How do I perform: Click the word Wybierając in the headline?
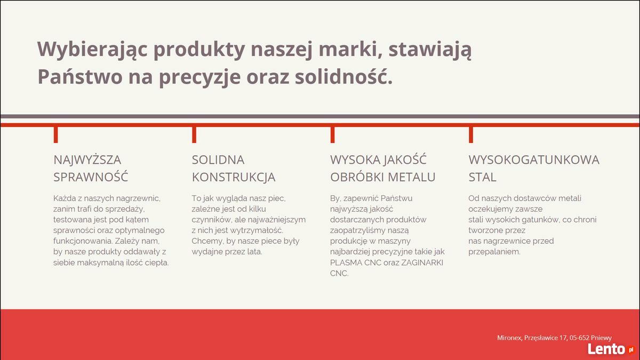92,50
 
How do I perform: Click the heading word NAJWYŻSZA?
87,159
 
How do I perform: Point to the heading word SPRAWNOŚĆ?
91,177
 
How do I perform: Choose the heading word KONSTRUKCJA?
234,177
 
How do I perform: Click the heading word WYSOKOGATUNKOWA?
534,159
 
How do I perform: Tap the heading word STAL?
482,177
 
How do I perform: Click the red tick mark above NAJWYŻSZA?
55,134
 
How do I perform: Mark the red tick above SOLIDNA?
194,134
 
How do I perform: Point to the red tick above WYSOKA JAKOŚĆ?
333,134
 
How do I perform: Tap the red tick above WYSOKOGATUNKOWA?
471,134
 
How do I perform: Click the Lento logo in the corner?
610,349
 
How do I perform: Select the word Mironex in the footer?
510,338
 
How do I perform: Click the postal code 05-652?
579,338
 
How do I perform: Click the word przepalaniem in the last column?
494,252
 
